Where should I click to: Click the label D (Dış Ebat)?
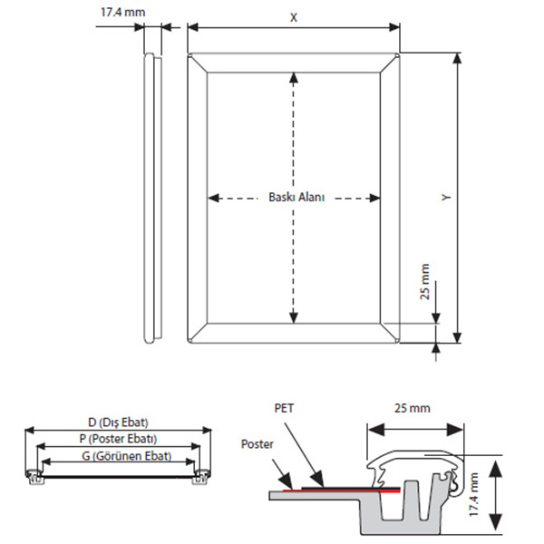118,423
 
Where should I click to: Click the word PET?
285,409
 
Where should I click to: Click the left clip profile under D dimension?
34,473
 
